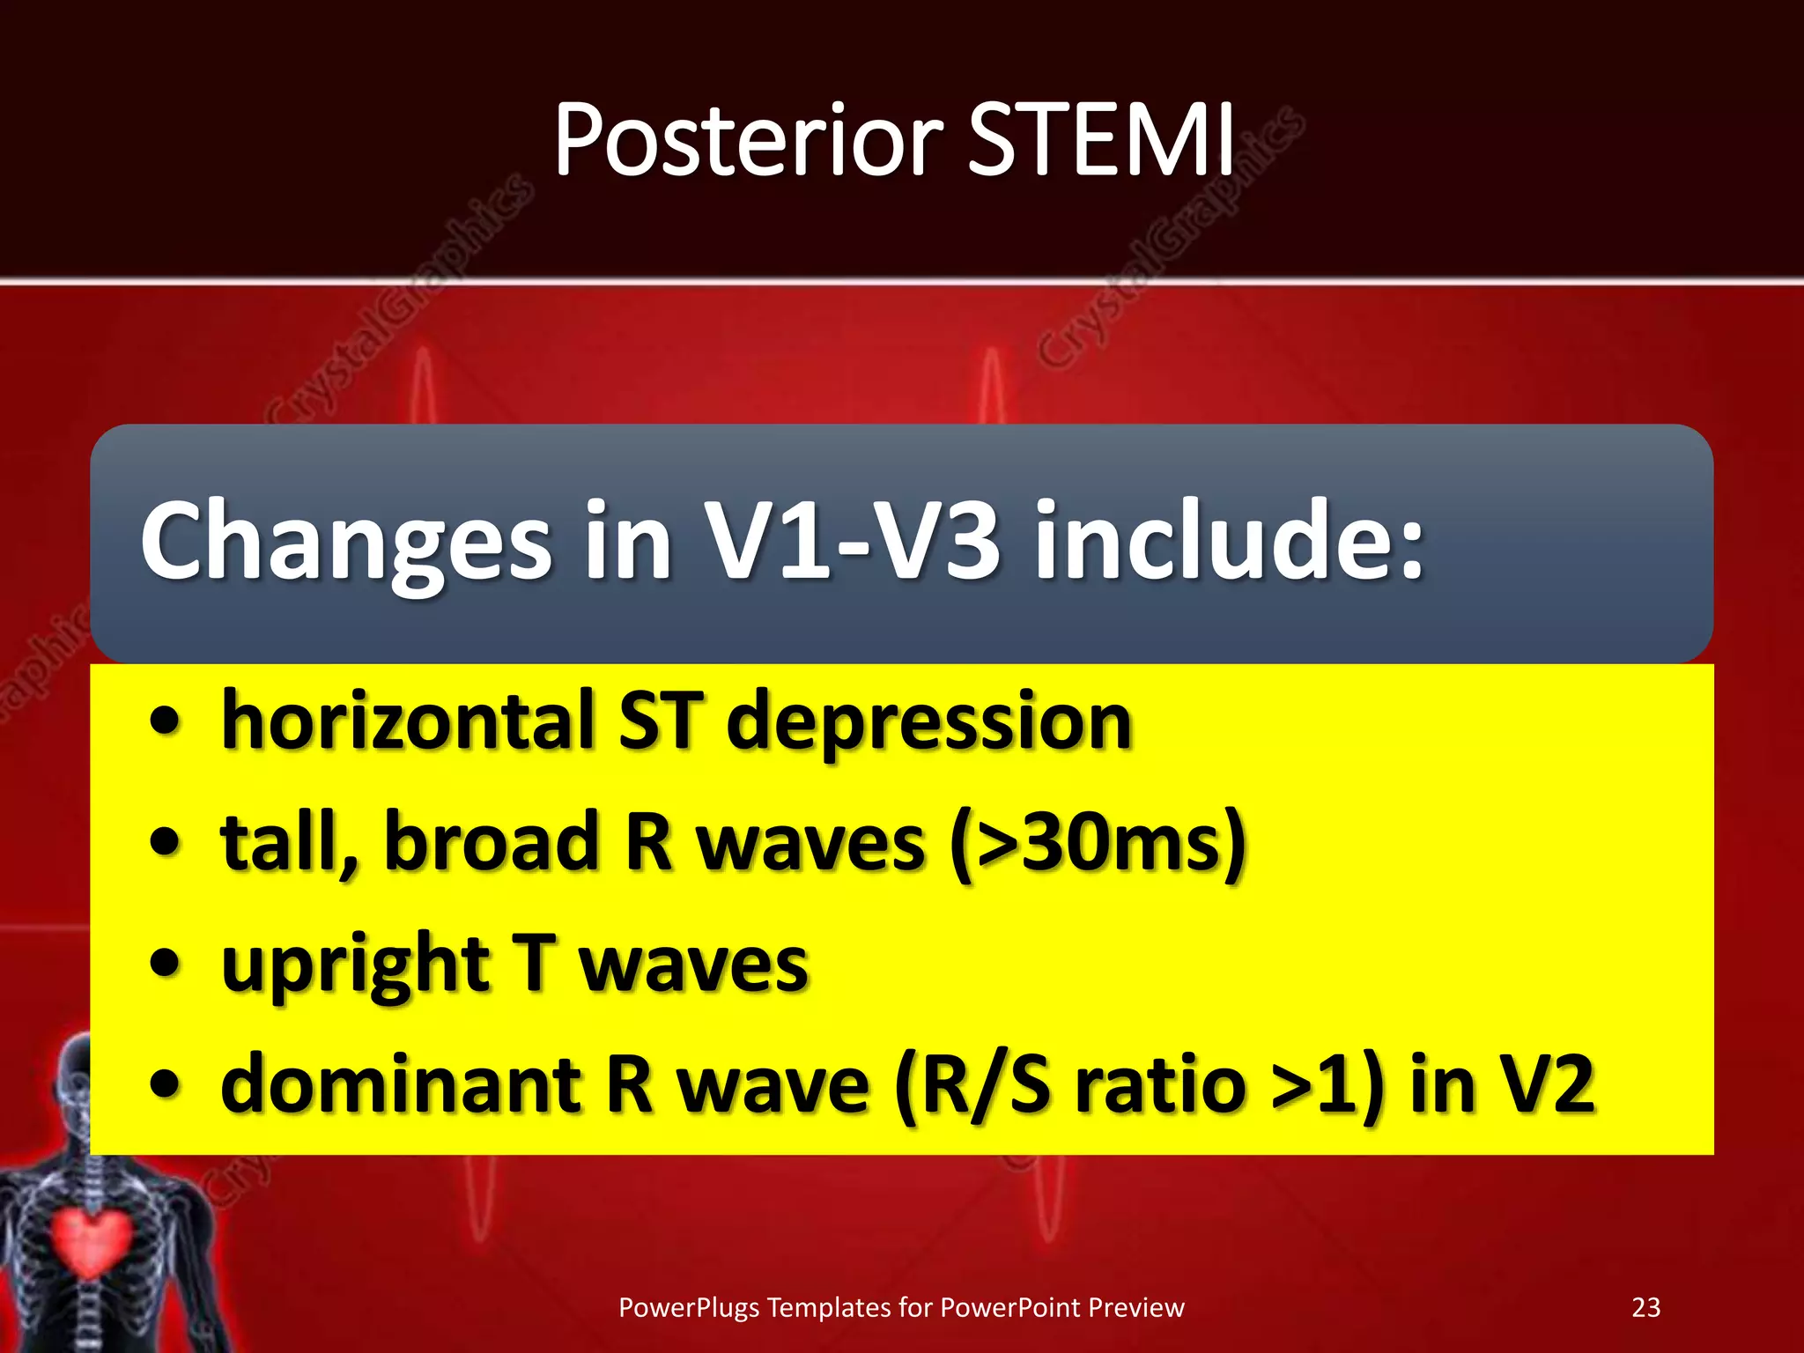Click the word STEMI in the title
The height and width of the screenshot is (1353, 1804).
tap(1101, 141)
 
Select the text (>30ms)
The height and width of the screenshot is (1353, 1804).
tap(1098, 844)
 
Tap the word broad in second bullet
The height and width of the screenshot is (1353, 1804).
tap(492, 842)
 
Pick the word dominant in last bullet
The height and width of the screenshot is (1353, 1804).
tap(401, 1085)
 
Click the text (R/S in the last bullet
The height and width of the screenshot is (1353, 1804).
tap(972, 1085)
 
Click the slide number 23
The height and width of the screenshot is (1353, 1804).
tap(1645, 1307)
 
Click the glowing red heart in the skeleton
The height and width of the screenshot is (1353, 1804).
tap(90, 1242)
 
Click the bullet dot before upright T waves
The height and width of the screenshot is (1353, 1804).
tap(165, 964)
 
